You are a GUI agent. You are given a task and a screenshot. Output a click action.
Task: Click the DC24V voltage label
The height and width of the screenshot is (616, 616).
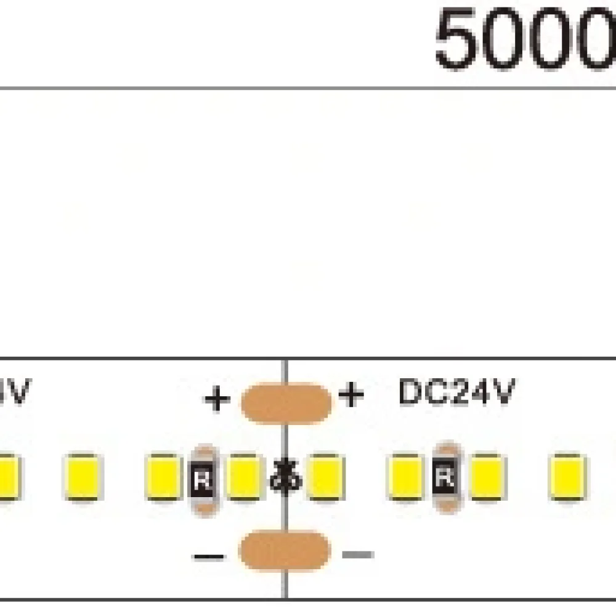[x=456, y=392]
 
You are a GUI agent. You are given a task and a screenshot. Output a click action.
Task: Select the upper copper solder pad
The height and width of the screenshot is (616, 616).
[x=285, y=403]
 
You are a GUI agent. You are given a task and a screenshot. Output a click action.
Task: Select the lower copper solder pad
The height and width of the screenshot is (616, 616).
[x=284, y=550]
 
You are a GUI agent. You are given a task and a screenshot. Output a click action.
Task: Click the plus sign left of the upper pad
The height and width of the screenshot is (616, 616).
[x=217, y=400]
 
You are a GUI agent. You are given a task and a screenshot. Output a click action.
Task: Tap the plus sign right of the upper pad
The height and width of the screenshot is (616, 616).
[x=351, y=395]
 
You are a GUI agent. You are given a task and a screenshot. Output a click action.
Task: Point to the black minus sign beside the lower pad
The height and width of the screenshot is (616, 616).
[x=209, y=557]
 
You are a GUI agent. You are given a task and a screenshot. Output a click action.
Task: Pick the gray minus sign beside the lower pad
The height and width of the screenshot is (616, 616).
[x=358, y=554]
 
